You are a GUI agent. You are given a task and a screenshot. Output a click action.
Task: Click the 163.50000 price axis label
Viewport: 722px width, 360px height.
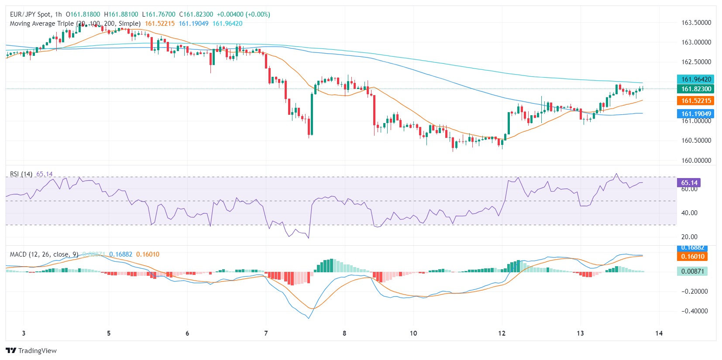tap(696, 23)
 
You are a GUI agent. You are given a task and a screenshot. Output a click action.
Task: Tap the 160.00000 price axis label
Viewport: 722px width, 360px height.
tap(696, 160)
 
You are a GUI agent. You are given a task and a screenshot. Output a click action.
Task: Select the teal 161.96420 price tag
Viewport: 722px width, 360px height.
tap(696, 79)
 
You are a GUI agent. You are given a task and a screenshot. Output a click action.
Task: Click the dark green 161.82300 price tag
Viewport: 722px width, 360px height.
tap(696, 89)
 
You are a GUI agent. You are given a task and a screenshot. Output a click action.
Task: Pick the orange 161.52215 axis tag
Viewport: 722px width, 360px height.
tap(696, 101)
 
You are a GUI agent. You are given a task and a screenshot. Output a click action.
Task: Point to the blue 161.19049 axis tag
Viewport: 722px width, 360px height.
tap(696, 114)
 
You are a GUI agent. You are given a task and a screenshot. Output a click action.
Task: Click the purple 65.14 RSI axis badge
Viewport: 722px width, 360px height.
tap(689, 183)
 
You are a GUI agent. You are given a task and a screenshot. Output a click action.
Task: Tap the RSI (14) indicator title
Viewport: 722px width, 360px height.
tap(21, 174)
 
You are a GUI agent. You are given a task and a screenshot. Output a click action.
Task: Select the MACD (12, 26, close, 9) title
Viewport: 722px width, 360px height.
tap(44, 254)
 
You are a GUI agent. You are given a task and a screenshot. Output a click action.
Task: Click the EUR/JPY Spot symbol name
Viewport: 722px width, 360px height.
tap(30, 14)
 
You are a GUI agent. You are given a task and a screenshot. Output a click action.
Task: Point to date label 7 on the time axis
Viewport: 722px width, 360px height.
tap(266, 333)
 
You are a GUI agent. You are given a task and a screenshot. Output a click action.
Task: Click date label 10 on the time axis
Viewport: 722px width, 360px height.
tap(413, 333)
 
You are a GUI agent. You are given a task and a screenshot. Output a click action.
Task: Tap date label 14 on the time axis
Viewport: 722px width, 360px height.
tap(659, 333)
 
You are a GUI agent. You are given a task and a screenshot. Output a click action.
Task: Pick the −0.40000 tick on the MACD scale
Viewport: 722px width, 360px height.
tap(694, 311)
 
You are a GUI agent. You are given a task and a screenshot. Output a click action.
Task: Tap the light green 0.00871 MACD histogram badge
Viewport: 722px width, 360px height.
tap(692, 271)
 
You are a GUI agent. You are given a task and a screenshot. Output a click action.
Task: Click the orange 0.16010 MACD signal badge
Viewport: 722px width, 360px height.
tap(692, 257)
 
